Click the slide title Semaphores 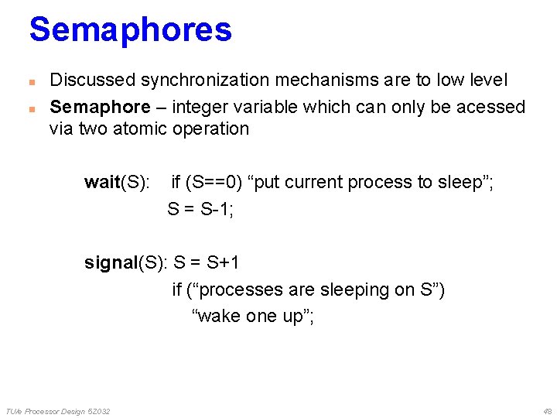point(130,29)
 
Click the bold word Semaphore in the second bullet point(100,107)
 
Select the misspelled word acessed point(493,107)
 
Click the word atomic point(139,128)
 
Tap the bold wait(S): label point(117,183)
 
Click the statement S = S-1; point(200,209)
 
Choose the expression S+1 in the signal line point(223,263)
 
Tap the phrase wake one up point(252,317)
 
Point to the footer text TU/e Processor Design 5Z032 point(58,410)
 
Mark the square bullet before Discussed point(32,81)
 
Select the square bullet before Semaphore point(32,108)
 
